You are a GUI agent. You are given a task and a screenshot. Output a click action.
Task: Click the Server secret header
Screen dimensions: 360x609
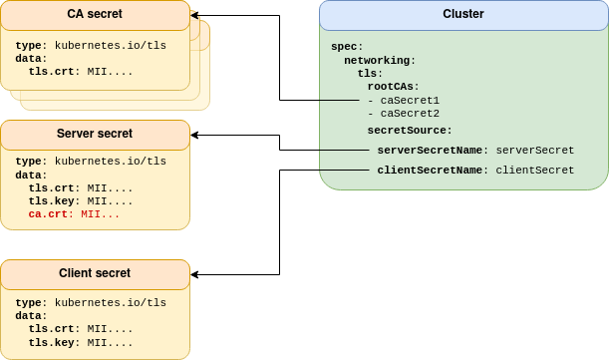pyautogui.click(x=95, y=134)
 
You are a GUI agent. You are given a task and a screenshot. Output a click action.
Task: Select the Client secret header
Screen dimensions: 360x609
pyautogui.click(x=95, y=273)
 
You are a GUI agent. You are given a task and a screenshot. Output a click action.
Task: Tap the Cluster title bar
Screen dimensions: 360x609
pyautogui.click(x=462, y=15)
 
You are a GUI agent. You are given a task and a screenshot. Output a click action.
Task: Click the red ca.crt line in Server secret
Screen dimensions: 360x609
pyautogui.click(x=74, y=214)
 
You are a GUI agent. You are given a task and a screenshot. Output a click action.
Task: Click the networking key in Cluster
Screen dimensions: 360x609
pyautogui.click(x=379, y=60)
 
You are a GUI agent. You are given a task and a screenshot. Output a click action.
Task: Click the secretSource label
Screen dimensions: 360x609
pyautogui.click(x=409, y=130)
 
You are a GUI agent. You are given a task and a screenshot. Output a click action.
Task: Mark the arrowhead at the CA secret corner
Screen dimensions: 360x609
pyautogui.click(x=193, y=16)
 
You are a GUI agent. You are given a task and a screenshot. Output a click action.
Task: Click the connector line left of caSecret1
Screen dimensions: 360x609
pyautogui.click(x=339, y=101)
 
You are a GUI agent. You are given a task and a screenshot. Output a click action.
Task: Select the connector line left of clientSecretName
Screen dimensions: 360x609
pyautogui.click(x=344, y=171)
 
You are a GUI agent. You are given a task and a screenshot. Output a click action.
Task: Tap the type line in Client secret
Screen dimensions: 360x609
pyautogui.click(x=91, y=302)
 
